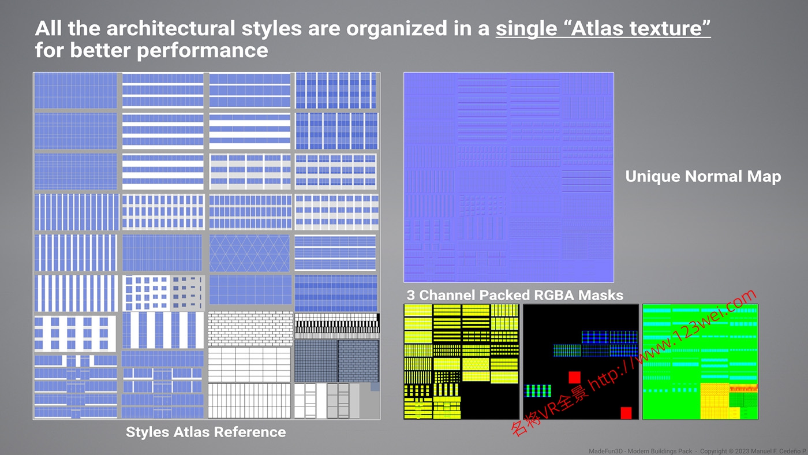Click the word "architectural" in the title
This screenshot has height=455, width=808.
click(171, 28)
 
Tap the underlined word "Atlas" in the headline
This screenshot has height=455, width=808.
click(597, 28)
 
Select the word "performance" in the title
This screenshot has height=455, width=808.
click(203, 50)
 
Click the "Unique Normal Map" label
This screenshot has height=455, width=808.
click(703, 177)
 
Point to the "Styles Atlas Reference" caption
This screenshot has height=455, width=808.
click(205, 432)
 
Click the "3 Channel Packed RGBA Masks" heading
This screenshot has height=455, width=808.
click(515, 295)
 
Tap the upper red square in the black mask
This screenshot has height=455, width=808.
click(575, 378)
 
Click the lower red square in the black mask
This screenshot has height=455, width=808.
click(626, 413)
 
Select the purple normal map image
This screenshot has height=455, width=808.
click(508, 177)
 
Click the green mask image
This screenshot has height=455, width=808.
click(700, 362)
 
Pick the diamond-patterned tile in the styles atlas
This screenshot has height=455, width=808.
click(249, 252)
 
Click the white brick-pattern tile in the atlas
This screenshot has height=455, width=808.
click(250, 329)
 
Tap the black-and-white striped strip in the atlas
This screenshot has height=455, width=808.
click(337, 323)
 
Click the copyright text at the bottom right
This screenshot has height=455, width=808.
click(698, 451)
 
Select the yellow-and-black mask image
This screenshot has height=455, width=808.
click(461, 362)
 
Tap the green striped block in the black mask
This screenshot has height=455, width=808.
click(538, 391)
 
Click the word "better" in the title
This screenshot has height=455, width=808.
click(100, 50)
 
